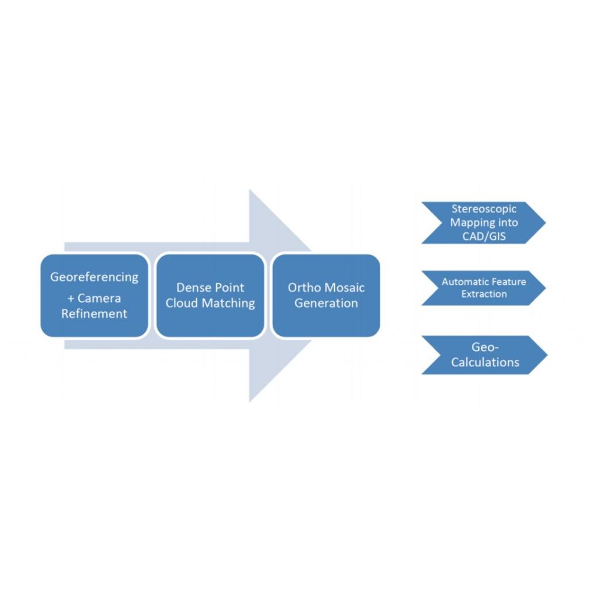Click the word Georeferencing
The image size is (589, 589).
coord(94,277)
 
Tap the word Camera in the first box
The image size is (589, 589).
coord(99,299)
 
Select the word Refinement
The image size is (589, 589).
coord(94,314)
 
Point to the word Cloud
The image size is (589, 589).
coord(181,303)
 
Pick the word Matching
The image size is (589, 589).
coord(227,303)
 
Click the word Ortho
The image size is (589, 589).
coord(304,288)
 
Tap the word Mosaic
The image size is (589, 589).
coord(345,288)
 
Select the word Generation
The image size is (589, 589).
coord(326,303)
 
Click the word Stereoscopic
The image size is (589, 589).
coord(484,209)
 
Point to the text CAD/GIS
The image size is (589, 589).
coord(484,236)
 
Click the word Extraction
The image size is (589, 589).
coord(484,294)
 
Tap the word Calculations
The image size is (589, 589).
coord(485,362)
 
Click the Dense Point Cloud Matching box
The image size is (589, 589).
coord(211,322)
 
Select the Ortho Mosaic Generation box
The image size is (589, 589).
coord(326,322)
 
